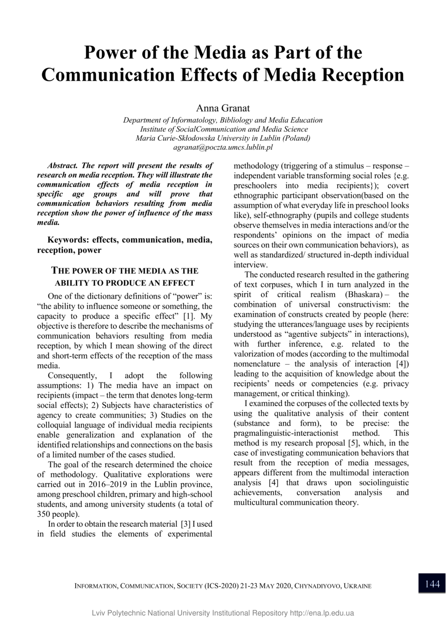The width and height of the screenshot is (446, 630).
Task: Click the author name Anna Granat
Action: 223,108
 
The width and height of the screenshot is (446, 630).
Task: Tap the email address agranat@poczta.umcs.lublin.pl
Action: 223,147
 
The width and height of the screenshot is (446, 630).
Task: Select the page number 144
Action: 432,584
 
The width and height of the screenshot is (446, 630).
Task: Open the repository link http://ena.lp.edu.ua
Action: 322,613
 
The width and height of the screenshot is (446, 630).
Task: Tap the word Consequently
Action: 72,375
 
